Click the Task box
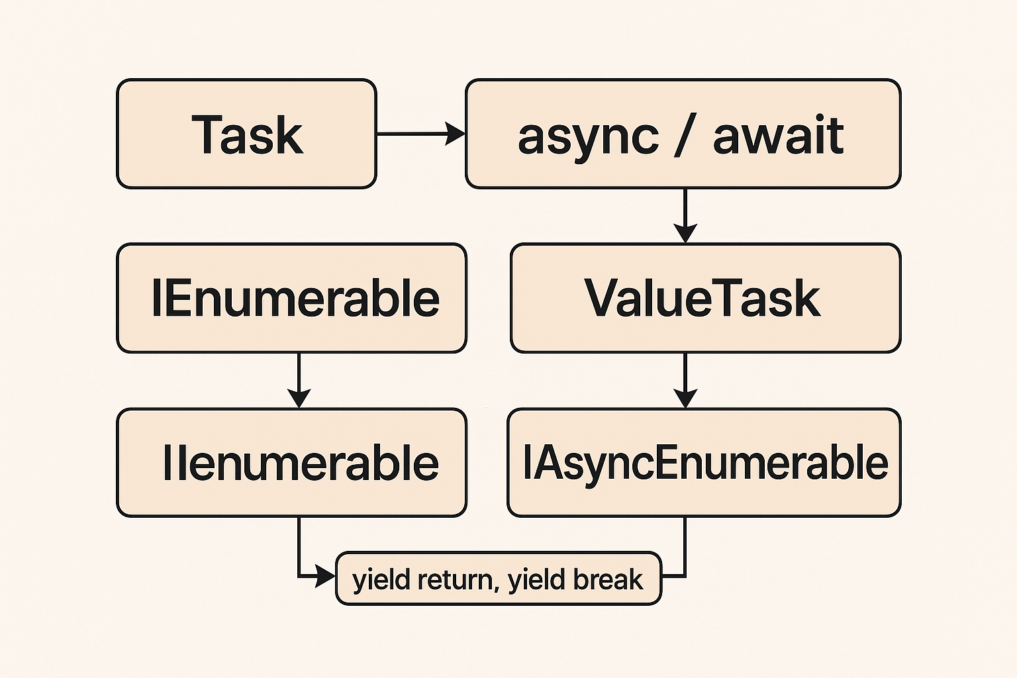[x=246, y=134]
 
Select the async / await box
[x=683, y=134]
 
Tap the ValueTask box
[x=705, y=298]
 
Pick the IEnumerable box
[x=291, y=298]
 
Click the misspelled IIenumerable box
[x=291, y=462]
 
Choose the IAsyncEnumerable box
[x=704, y=462]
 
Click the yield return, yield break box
[x=498, y=579]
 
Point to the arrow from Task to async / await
[x=420, y=134]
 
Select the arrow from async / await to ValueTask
[x=685, y=216]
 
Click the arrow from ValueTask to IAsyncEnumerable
[x=685, y=380]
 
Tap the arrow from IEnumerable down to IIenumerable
[x=299, y=380]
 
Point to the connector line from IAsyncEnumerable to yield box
[x=685, y=550]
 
